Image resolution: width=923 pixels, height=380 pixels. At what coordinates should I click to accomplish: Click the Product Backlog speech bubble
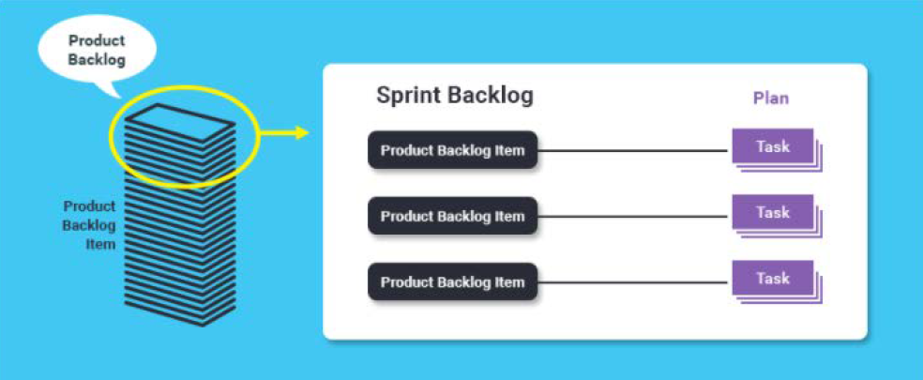click(98, 51)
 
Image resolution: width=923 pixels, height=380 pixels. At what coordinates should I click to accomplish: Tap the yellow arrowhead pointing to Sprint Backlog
click(303, 132)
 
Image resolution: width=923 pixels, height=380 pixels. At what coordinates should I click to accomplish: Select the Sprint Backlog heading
click(455, 96)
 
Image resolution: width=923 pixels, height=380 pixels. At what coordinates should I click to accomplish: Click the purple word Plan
click(770, 99)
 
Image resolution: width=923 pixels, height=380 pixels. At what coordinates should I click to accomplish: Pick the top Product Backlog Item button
click(453, 150)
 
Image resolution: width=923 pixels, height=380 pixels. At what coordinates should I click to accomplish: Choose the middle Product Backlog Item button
click(453, 216)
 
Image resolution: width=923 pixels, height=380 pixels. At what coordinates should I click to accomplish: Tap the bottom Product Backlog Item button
click(453, 282)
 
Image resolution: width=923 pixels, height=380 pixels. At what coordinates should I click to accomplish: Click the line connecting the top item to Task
click(634, 151)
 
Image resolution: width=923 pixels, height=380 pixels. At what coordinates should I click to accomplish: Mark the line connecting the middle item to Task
click(634, 217)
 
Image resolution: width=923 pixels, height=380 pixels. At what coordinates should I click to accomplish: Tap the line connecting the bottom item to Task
click(634, 282)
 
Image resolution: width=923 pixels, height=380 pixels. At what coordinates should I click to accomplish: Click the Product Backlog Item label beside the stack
click(89, 225)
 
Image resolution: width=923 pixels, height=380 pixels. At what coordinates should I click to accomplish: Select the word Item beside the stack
click(100, 244)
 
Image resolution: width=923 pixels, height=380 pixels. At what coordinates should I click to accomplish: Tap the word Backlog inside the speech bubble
click(98, 60)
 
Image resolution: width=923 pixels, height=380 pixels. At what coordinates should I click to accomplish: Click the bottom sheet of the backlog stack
click(181, 313)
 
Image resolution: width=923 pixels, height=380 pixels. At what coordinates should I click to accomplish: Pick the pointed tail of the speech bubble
click(118, 98)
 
